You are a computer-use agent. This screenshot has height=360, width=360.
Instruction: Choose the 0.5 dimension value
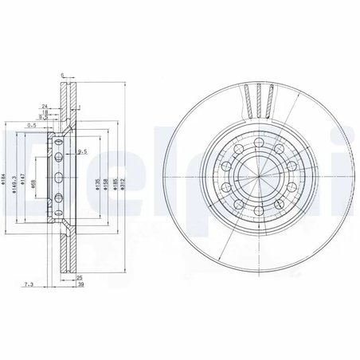[33, 125]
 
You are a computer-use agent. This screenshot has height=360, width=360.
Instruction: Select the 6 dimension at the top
[62, 75]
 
